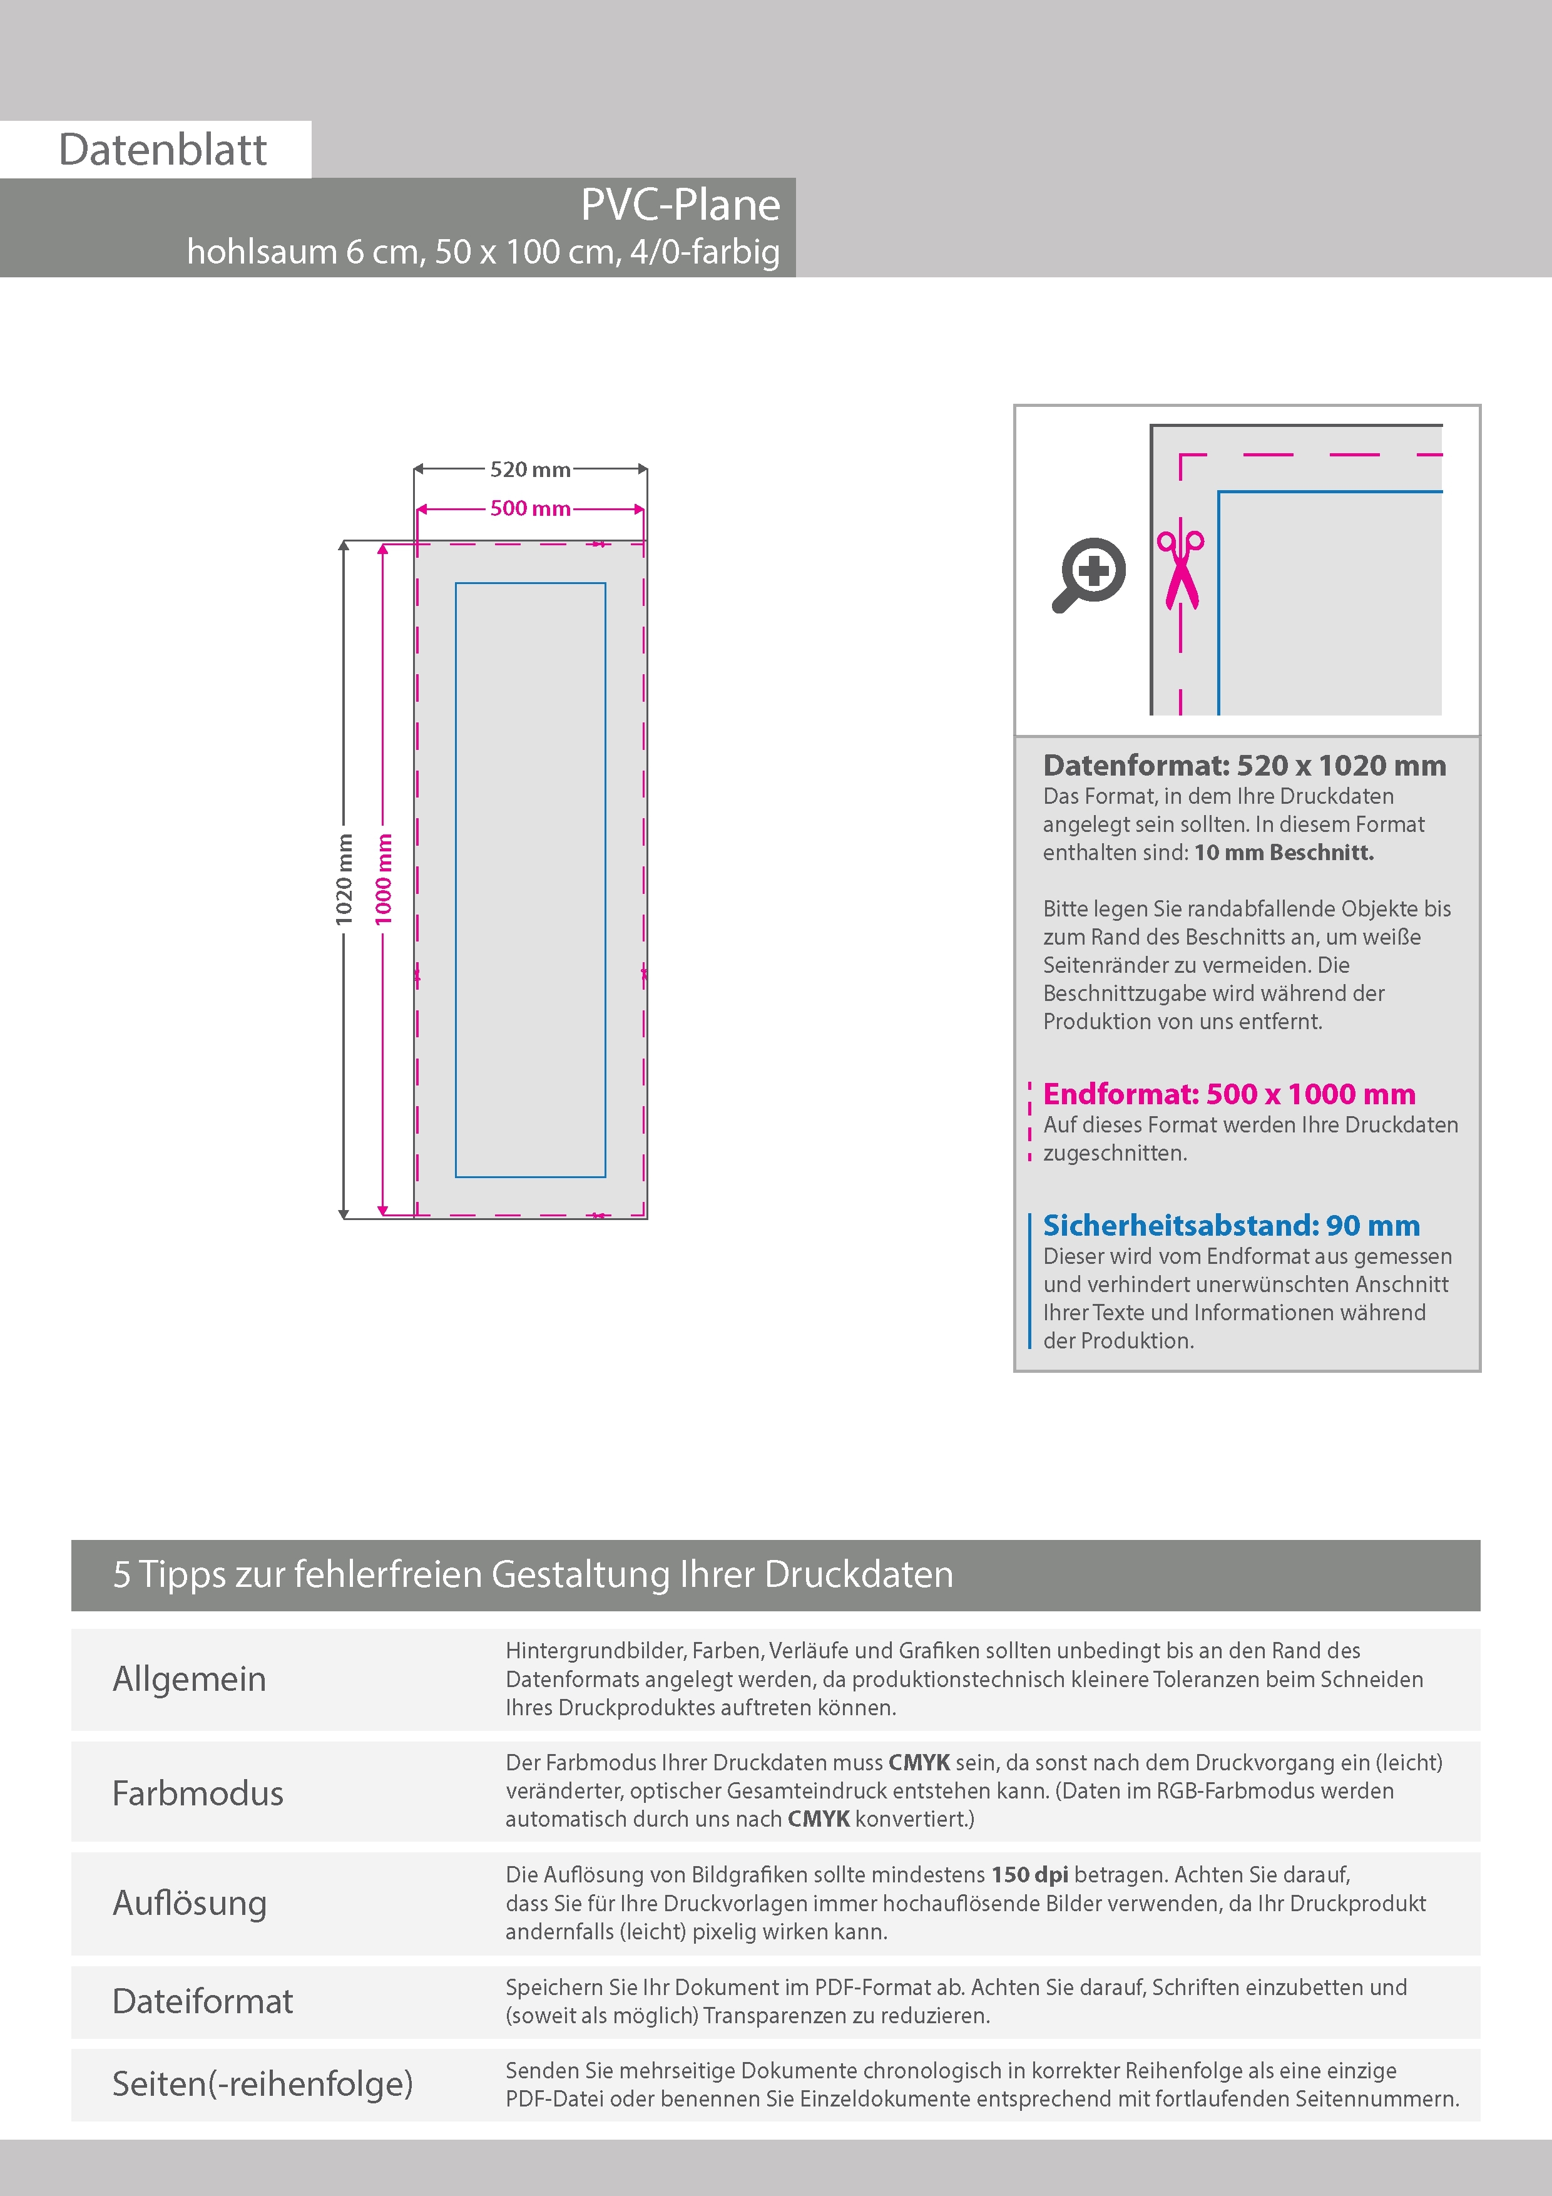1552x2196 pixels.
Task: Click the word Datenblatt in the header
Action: click(163, 150)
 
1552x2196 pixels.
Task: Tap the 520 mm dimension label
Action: click(530, 469)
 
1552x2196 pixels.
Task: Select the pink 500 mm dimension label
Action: click(530, 509)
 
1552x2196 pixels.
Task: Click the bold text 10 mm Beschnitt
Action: click(1284, 852)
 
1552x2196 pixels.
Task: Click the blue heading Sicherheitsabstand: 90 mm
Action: click(1231, 1225)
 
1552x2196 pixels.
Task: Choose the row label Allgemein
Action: click(190, 1678)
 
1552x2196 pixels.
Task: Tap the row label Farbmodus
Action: click(198, 1792)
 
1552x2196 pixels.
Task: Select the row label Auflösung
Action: click(190, 1902)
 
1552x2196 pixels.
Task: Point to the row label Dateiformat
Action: click(203, 2001)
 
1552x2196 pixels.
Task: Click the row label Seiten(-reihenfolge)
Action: click(262, 2083)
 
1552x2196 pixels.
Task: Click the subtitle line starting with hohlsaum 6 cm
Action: click(483, 252)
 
